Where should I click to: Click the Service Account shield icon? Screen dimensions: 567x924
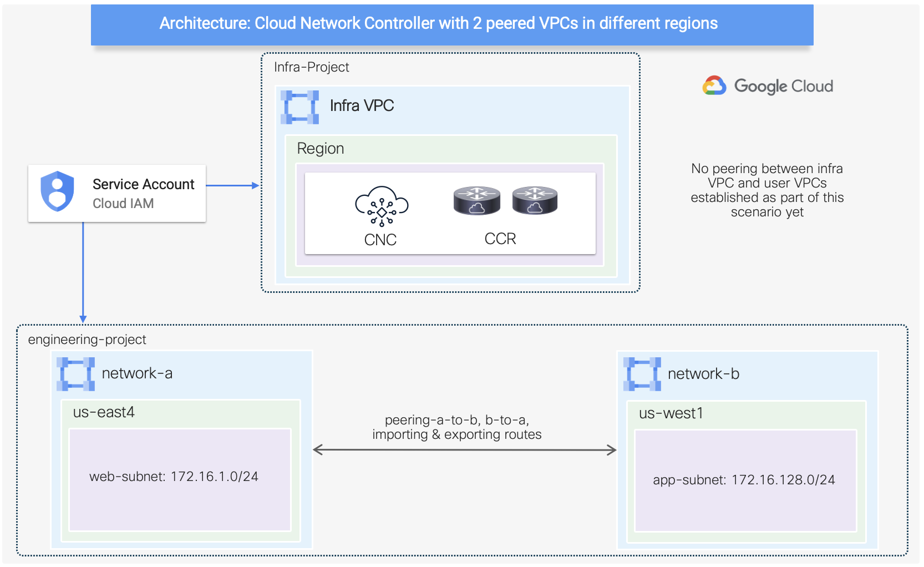(x=57, y=191)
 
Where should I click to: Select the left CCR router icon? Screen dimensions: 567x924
(x=476, y=201)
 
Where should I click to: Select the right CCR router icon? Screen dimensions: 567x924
(x=535, y=201)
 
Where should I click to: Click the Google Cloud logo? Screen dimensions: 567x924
(x=768, y=86)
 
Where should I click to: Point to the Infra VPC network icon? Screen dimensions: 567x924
(x=299, y=107)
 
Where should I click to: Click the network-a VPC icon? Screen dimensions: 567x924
(x=76, y=374)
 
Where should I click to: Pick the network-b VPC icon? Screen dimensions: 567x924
(x=642, y=374)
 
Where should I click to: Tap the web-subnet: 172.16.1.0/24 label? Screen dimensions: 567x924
(x=174, y=477)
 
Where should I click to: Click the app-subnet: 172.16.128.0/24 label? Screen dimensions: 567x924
(x=744, y=480)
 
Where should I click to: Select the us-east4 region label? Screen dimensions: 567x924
(x=104, y=412)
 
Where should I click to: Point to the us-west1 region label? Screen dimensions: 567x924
(x=671, y=413)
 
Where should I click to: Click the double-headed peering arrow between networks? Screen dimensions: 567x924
(x=465, y=450)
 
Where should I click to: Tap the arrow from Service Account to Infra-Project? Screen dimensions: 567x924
(x=232, y=185)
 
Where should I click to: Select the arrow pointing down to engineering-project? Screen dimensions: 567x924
(x=83, y=272)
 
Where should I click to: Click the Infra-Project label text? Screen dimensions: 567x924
(x=311, y=67)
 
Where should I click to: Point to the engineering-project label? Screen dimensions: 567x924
(x=87, y=340)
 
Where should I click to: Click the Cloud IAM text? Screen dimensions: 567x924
(x=123, y=204)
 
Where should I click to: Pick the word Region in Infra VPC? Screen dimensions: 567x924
(x=321, y=149)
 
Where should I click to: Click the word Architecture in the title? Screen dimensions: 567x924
(x=204, y=23)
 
